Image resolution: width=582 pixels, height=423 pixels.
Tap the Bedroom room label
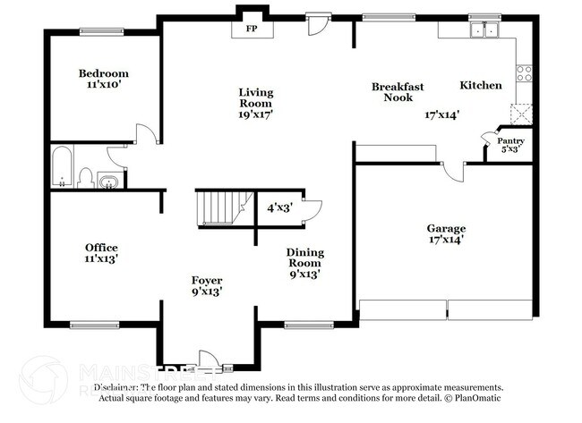point(103,73)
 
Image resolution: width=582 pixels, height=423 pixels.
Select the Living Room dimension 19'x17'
point(255,114)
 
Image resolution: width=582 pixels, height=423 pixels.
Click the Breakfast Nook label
point(398,92)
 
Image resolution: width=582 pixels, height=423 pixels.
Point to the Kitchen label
point(481,86)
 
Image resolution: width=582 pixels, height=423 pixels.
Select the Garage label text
point(445,228)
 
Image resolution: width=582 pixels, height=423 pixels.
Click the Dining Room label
point(304,258)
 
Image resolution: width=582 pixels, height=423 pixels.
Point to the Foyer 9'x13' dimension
point(206,291)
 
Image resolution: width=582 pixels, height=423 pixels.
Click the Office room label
point(101,248)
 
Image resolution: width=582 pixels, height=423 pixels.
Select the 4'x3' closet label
point(280,207)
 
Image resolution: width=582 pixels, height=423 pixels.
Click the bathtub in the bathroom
point(62,167)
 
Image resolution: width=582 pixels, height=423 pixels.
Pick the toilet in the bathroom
point(86,176)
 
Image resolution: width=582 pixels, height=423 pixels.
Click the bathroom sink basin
point(109,182)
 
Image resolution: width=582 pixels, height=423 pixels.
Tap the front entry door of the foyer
point(206,359)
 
